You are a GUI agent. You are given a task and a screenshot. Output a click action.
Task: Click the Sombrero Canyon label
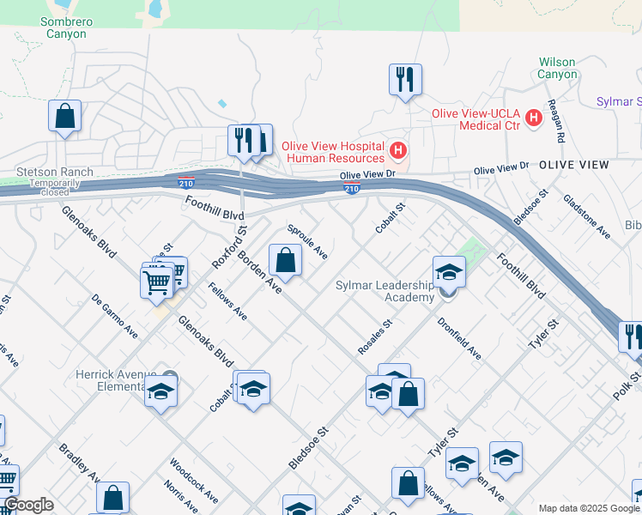coord(65,27)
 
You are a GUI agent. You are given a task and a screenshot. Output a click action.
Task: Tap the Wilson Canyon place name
coord(557,68)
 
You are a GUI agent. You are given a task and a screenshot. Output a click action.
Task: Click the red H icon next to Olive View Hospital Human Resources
coord(397,151)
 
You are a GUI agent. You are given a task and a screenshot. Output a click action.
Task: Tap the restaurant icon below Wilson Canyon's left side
coord(403,80)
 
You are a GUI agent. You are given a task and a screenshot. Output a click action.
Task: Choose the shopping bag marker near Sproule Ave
coord(284,259)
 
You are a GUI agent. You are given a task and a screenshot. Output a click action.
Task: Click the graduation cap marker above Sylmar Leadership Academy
coord(448,273)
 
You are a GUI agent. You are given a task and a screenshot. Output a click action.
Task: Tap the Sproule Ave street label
coord(307,242)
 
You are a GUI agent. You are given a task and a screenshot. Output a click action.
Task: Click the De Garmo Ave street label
coord(115,316)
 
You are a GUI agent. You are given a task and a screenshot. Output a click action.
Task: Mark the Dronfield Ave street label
coord(458,339)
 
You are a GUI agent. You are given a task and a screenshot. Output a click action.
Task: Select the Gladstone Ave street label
coord(586,215)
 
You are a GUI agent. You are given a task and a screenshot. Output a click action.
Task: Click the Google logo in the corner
coord(28,505)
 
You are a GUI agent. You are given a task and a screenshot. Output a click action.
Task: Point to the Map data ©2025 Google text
coord(589,508)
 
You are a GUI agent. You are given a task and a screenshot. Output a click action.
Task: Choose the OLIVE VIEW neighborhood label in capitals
coord(573,164)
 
